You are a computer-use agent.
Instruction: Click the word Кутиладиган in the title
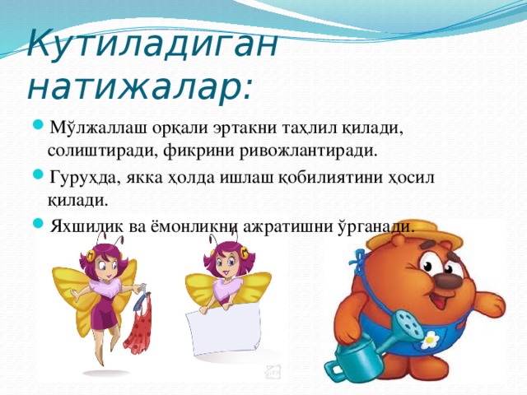pos(152,41)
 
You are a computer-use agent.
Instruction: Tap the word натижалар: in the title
pos(141,85)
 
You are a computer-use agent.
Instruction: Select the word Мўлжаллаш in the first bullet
pos(92,129)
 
